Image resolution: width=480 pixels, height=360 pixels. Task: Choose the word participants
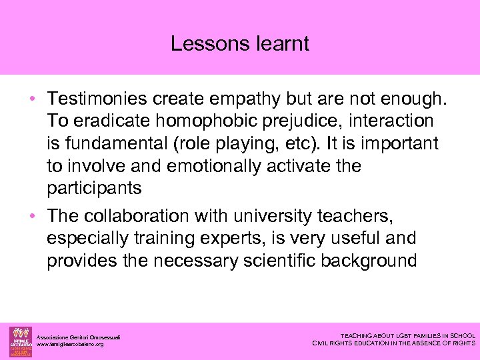[x=94, y=188]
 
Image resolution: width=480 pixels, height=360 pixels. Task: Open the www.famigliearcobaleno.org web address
[x=70, y=344]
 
